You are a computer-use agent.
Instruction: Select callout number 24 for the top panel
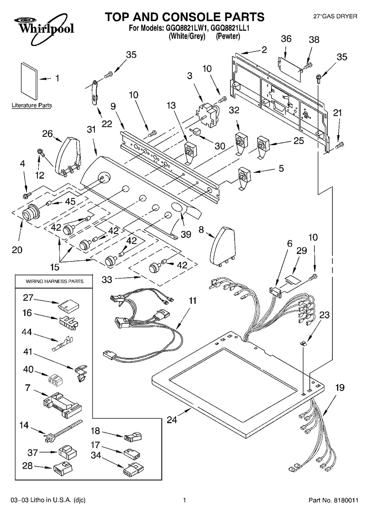(x=172, y=419)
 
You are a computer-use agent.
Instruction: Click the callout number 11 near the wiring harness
(x=192, y=301)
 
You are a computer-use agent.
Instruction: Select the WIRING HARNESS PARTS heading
(x=54, y=281)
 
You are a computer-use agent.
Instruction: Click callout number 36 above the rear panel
(x=286, y=38)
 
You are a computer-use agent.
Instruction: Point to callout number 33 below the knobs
(x=107, y=279)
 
